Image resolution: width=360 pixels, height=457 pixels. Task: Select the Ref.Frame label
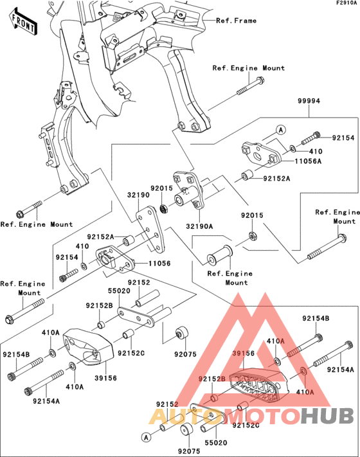tap(236, 21)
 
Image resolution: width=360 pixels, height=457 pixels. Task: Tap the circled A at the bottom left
tap(146, 436)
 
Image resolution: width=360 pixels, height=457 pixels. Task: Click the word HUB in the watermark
tap(327, 417)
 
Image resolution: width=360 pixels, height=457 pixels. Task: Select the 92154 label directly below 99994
tap(343, 138)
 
